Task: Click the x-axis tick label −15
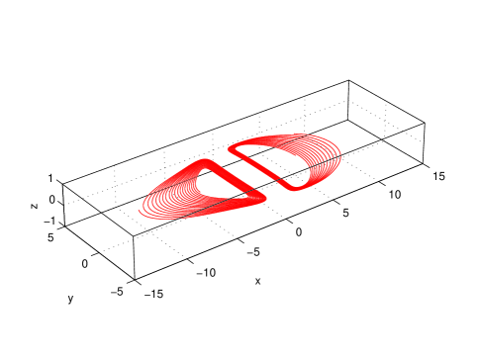tap(153, 293)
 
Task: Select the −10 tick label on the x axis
tap(206, 273)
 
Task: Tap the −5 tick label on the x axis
tap(253, 252)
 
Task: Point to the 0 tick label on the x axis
tap(299, 232)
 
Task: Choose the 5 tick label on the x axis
tap(345, 213)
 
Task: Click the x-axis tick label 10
tap(395, 195)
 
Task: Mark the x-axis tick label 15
tap(438, 176)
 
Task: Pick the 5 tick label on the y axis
tap(50, 237)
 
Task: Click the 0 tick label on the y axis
tap(85, 264)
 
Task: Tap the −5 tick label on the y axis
tap(117, 291)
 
